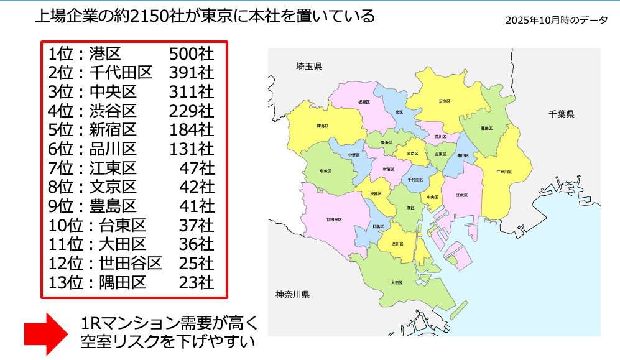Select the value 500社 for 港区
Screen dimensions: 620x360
(192, 54)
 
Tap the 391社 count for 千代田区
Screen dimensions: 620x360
(192, 73)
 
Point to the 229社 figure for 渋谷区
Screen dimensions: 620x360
(192, 111)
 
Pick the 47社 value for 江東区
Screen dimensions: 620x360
(197, 168)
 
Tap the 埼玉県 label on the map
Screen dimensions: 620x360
(309, 67)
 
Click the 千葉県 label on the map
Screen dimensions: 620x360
(561, 114)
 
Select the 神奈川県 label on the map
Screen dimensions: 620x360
(293, 294)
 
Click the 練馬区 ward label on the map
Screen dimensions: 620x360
(322, 126)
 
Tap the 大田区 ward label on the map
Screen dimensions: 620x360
(396, 283)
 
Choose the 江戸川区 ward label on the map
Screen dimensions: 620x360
(504, 172)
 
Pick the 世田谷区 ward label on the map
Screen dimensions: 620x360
(334, 219)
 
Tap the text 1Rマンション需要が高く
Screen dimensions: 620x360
(169, 323)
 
